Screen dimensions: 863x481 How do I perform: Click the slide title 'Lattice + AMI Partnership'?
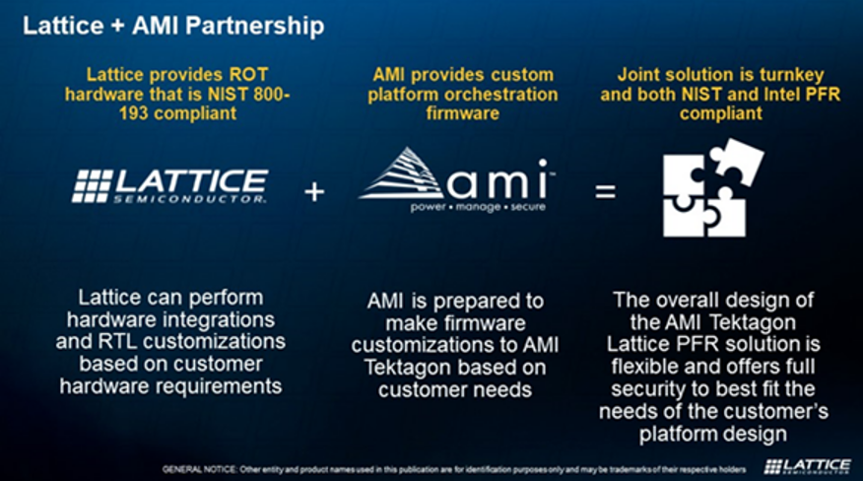click(x=173, y=27)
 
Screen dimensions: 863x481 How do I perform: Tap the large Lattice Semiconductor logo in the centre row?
click(x=170, y=185)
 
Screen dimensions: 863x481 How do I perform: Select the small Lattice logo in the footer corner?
click(x=808, y=466)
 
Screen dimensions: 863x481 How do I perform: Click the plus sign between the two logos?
click(x=314, y=192)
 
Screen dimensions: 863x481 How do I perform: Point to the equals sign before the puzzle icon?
click(x=606, y=192)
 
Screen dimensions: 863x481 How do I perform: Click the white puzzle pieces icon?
click(x=713, y=188)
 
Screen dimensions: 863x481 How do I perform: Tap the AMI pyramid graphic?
click(x=401, y=173)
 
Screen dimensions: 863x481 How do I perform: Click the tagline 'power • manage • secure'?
click(x=478, y=207)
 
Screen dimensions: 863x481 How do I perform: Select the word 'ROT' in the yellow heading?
click(x=249, y=74)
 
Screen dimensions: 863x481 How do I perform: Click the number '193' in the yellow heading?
click(x=134, y=113)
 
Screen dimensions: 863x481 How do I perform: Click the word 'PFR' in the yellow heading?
click(x=823, y=95)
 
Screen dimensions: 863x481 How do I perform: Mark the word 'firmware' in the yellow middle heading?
click(x=463, y=113)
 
